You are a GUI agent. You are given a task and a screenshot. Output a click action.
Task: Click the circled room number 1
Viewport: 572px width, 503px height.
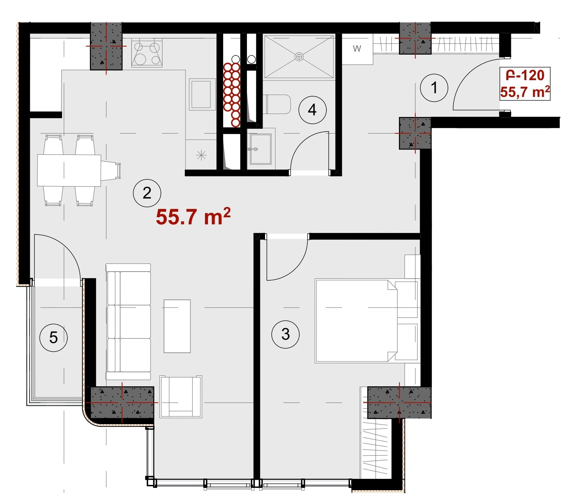tap(434, 88)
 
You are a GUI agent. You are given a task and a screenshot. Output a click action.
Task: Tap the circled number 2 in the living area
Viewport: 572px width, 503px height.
tap(147, 193)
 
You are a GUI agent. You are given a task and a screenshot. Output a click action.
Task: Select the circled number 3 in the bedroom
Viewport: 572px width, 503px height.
tap(285, 334)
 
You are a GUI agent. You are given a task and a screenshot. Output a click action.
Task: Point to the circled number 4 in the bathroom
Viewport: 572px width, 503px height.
tap(312, 110)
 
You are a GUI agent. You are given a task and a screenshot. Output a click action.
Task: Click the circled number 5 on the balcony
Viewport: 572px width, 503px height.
tap(53, 337)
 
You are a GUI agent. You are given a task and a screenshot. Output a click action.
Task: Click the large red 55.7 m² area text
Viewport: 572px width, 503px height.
tap(193, 217)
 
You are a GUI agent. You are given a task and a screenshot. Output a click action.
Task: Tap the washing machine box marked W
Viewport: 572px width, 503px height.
tap(357, 49)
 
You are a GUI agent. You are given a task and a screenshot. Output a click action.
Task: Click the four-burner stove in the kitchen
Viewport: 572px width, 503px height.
tap(147, 53)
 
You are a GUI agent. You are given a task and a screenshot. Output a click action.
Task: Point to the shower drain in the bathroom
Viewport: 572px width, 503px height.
tap(299, 57)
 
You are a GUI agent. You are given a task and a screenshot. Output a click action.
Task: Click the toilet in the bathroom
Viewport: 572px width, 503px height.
tap(278, 104)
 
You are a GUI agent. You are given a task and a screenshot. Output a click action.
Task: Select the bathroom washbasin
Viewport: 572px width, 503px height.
tap(261, 149)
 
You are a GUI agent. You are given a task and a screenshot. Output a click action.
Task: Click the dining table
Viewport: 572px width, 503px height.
tap(69, 170)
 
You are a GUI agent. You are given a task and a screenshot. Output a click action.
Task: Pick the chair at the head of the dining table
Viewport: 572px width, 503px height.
tap(111, 170)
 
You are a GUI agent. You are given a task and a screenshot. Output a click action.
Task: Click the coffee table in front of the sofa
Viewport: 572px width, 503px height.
tap(177, 326)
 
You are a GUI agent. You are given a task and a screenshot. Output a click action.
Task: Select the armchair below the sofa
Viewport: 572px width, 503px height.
tap(181, 397)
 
